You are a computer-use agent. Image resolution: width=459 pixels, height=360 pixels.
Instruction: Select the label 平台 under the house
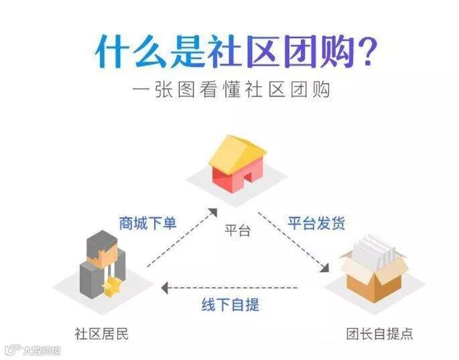[238, 231]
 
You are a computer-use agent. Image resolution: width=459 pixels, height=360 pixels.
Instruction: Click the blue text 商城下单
[147, 223]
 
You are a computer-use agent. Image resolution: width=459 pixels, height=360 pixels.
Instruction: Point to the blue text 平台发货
[317, 223]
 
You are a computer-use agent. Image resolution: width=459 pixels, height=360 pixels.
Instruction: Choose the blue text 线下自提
[231, 304]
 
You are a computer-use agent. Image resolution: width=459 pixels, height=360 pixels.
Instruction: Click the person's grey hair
[102, 239]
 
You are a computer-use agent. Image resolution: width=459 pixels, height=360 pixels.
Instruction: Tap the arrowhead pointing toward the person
[164, 288]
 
